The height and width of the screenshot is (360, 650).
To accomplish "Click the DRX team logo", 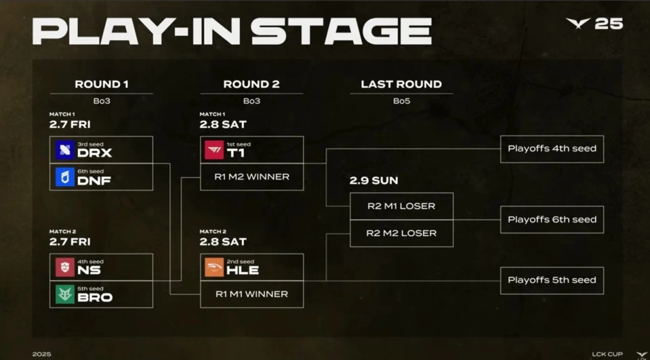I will (65, 150).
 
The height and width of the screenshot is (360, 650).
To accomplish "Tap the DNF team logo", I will (65, 177).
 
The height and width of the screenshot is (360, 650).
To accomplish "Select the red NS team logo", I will (65, 267).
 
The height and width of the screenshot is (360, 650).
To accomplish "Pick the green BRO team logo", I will (65, 294).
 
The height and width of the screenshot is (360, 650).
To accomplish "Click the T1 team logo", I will (214, 150).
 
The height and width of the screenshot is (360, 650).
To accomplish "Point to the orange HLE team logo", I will (214, 267).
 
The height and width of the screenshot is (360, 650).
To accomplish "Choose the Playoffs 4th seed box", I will (552, 149).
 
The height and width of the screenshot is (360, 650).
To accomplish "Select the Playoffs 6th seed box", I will (552, 220).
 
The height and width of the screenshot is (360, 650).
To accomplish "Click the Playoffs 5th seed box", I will (552, 280).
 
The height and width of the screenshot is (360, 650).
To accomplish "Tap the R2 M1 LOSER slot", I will (401, 206).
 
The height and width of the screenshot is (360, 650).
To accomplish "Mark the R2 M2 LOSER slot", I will (401, 233).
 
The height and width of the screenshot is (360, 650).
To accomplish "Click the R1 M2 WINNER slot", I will (252, 177).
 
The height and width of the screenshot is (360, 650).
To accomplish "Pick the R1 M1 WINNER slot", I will (252, 294).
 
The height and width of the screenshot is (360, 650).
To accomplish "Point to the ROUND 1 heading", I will (102, 85).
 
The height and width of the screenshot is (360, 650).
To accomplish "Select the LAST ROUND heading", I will (401, 85).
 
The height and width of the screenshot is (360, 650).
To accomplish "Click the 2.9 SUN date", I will (374, 181).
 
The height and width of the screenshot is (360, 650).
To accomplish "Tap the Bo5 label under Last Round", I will (401, 101).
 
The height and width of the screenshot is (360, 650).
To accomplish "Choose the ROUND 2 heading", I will (251, 85).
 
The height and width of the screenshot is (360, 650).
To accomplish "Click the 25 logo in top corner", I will (594, 24).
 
